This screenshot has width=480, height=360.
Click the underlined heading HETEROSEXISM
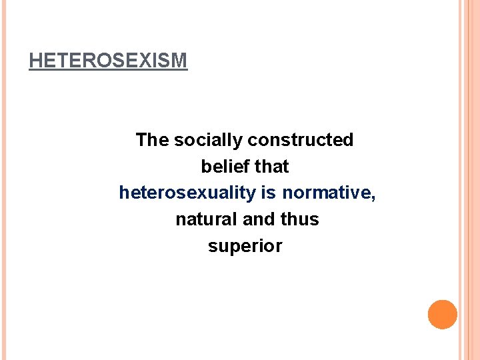tap(108, 61)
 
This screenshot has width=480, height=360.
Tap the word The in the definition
tap(152, 140)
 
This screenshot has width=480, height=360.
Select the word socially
tap(208, 140)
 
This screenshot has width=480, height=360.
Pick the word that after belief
tap(271, 167)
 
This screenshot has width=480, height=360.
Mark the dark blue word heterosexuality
tap(187, 193)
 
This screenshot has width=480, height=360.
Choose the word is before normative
tap(269, 193)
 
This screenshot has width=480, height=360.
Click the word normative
tap(325, 193)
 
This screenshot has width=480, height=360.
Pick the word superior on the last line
tap(245, 246)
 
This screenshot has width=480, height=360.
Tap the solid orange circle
tap(443, 315)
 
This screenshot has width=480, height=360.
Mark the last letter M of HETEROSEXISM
tap(180, 61)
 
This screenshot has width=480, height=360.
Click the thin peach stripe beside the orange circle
tap(464, 315)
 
